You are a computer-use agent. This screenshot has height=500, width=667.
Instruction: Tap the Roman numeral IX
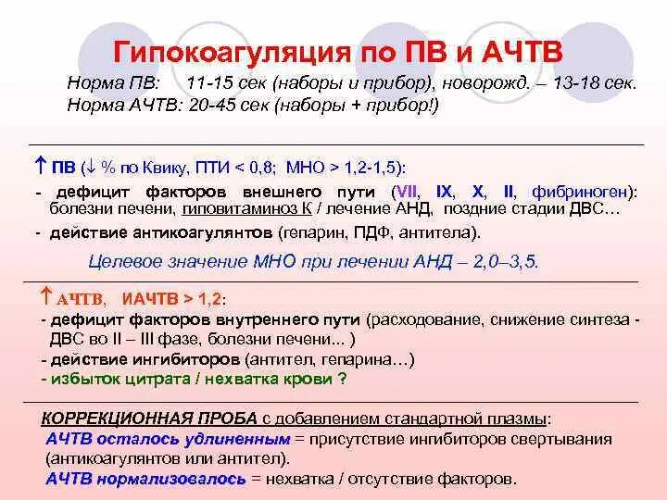pos(445,192)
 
